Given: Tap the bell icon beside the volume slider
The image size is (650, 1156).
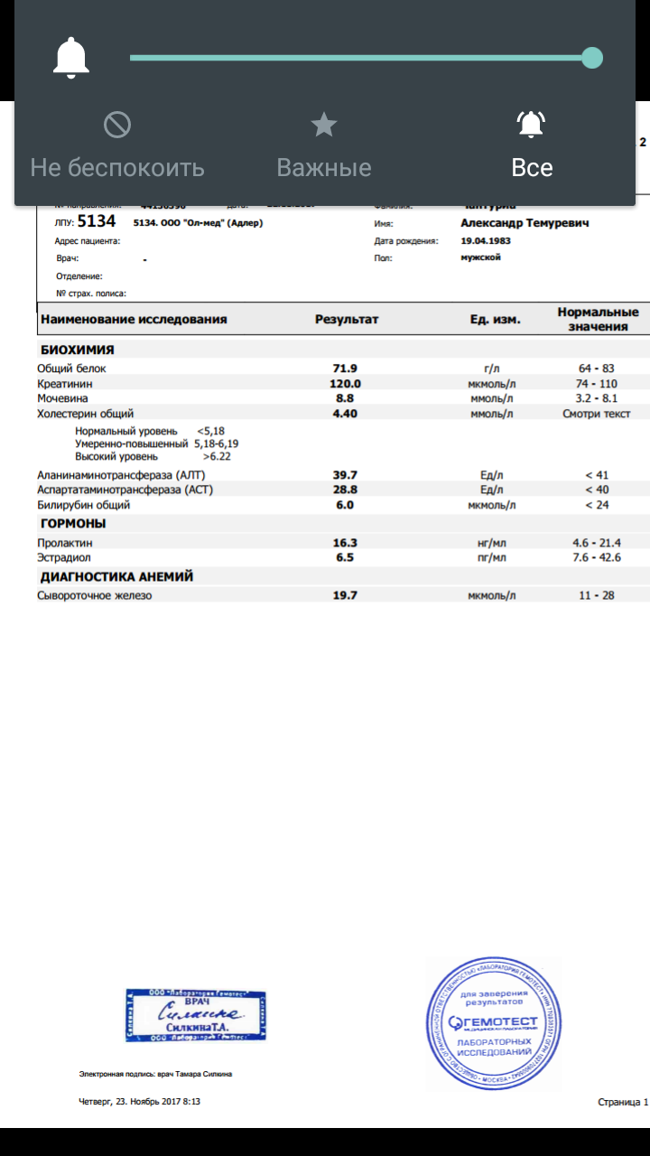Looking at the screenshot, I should [71, 59].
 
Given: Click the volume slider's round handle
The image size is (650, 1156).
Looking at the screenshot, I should [591, 58].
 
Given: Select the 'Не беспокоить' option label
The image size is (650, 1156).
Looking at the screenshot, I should [117, 168].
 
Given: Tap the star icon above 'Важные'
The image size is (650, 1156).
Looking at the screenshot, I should [324, 125].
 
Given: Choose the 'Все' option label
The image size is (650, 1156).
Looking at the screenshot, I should [532, 168].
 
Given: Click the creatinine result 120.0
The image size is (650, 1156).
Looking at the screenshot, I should [345, 384].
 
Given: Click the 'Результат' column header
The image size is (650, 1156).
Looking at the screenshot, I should [347, 319].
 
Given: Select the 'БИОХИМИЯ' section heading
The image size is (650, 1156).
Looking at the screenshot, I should [77, 350].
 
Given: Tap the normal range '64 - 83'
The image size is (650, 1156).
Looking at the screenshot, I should [596, 368].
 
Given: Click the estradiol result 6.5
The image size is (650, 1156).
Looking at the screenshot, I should [345, 557].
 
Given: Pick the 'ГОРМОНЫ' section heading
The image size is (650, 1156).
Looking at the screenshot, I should [73, 524].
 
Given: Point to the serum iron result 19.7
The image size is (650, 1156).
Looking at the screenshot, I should [345, 595].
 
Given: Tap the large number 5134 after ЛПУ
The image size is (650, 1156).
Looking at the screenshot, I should [97, 221].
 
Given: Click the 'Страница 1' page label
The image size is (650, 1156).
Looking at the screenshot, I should [623, 1102].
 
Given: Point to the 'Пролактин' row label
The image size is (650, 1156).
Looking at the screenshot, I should [65, 543].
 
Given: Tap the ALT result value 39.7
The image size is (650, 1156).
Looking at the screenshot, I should [345, 474].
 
